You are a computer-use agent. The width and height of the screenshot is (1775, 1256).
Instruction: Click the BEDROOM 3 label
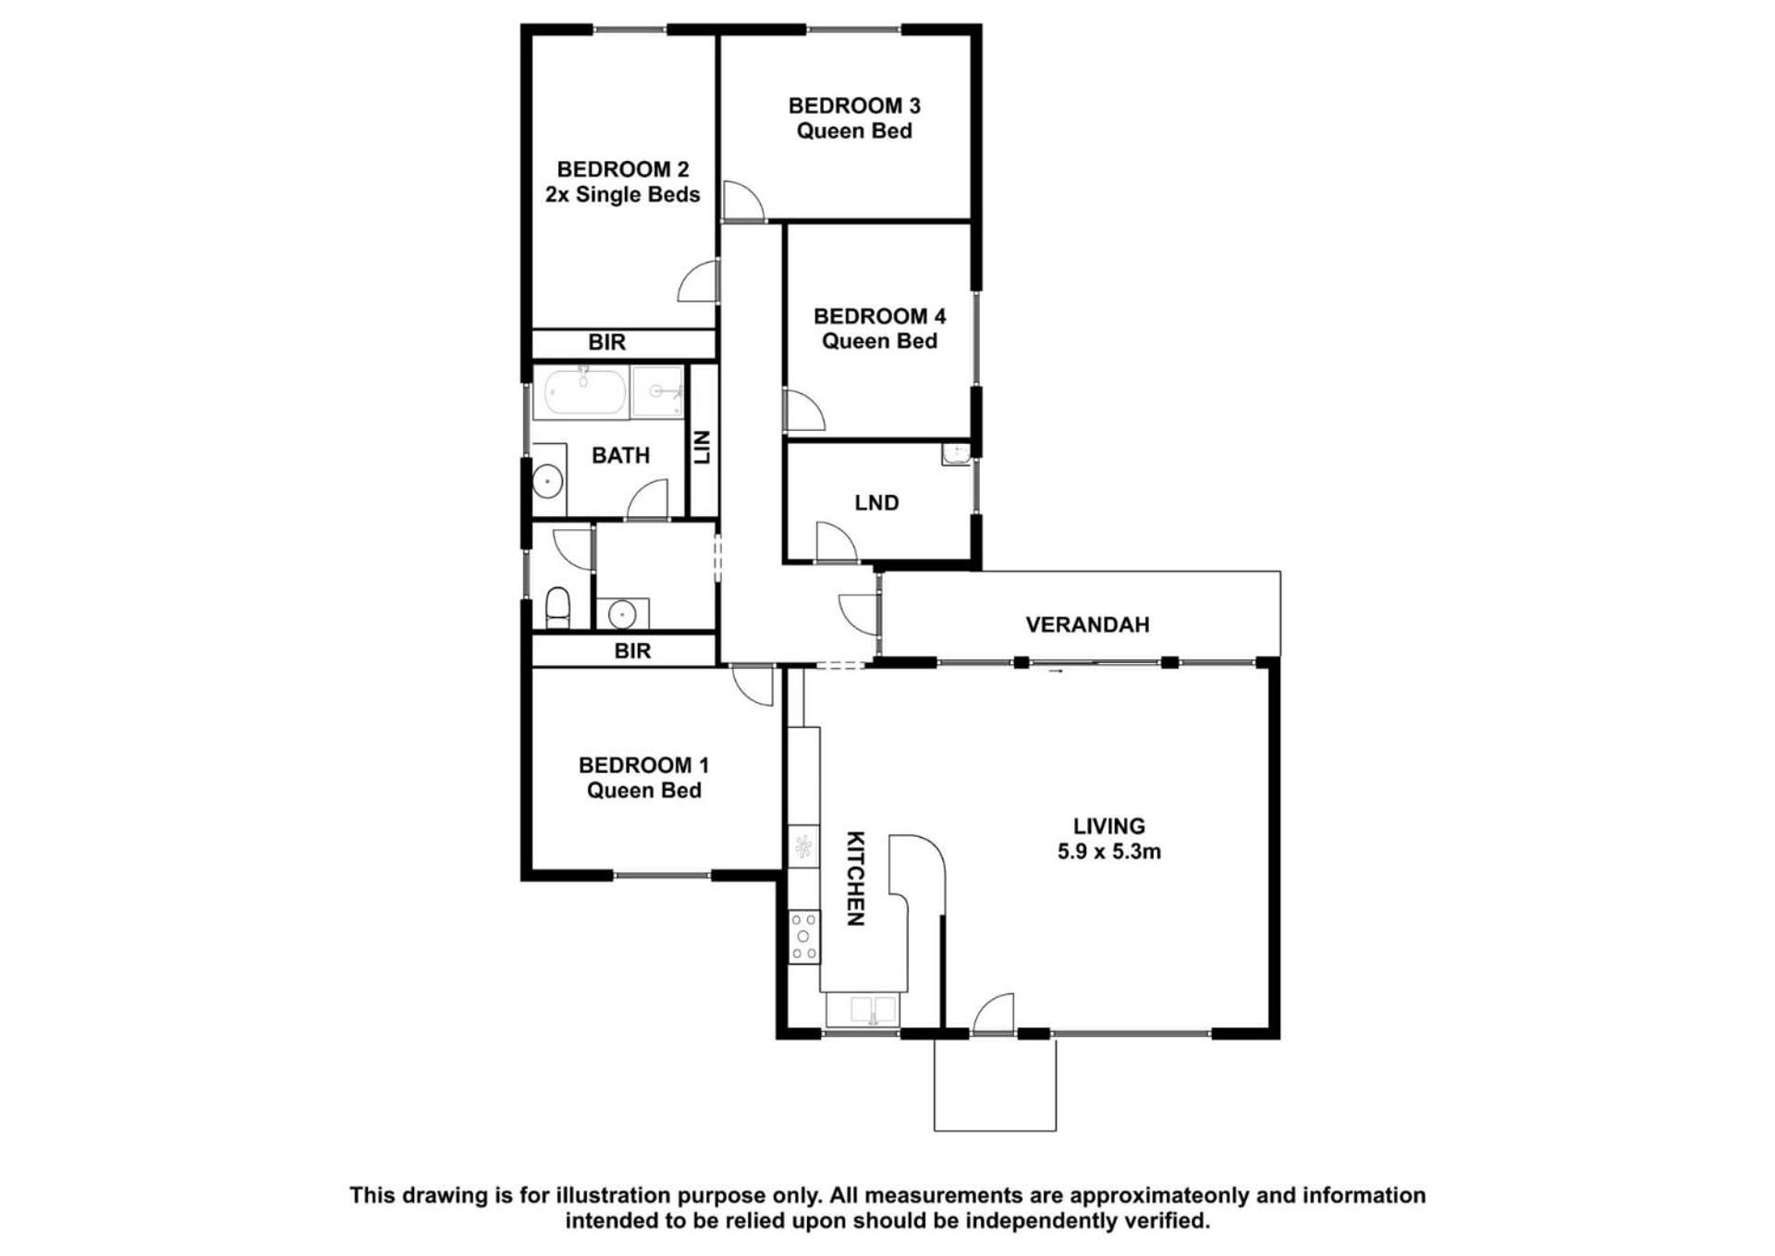(x=854, y=105)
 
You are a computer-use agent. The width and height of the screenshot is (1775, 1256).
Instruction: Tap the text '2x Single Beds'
(x=622, y=194)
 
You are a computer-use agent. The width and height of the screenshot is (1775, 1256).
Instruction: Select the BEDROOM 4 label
(x=879, y=316)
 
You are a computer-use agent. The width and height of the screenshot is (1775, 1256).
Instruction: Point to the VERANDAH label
(x=1087, y=624)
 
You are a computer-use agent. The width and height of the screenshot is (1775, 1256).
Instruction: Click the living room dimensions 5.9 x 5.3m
(x=1109, y=851)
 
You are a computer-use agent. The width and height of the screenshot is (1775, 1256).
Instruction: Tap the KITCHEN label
(x=856, y=878)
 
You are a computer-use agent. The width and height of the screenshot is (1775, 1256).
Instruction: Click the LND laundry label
(x=876, y=502)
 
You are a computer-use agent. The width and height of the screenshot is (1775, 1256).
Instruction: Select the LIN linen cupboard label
(x=702, y=447)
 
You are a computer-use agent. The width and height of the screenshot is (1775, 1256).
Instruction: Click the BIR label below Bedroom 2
(x=606, y=342)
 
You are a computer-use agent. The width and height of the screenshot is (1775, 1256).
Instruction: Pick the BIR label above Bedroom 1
(x=632, y=650)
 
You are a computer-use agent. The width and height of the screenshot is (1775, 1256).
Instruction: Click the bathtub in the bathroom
(x=583, y=391)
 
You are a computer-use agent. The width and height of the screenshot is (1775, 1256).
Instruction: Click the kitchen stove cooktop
(x=803, y=937)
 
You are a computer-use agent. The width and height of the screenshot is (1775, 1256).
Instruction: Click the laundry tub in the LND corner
(x=955, y=453)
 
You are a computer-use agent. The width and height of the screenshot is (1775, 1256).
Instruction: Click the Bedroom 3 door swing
(x=743, y=201)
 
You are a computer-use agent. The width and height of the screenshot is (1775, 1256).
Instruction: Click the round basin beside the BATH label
(x=547, y=481)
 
